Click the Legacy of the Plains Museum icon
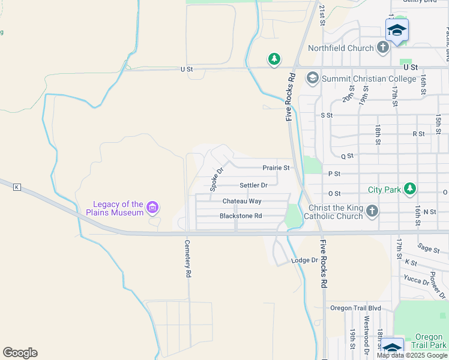pyautogui.click(x=152, y=208)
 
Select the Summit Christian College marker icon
pyautogui.click(x=312, y=78)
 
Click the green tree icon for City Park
pyautogui.click(x=409, y=190)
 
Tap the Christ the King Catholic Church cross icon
pyautogui.click(x=372, y=211)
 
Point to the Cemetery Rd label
pyautogui.click(x=188, y=259)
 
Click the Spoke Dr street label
pyautogui.click(x=217, y=179)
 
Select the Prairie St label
pyautogui.click(x=276, y=168)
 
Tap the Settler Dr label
pyautogui.click(x=253, y=185)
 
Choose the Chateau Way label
pyautogui.click(x=242, y=201)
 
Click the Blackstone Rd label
pyautogui.click(x=241, y=216)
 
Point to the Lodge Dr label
pyautogui.click(x=304, y=260)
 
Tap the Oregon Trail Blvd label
pyautogui.click(x=356, y=308)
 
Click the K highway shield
pyautogui.click(x=16, y=188)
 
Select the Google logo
pyautogui.click(x=20, y=353)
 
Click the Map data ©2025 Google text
pyautogui.click(x=412, y=355)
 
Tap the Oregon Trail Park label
pyautogui.click(x=430, y=341)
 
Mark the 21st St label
pyautogui.click(x=322, y=15)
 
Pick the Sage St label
pyautogui.click(x=429, y=248)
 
